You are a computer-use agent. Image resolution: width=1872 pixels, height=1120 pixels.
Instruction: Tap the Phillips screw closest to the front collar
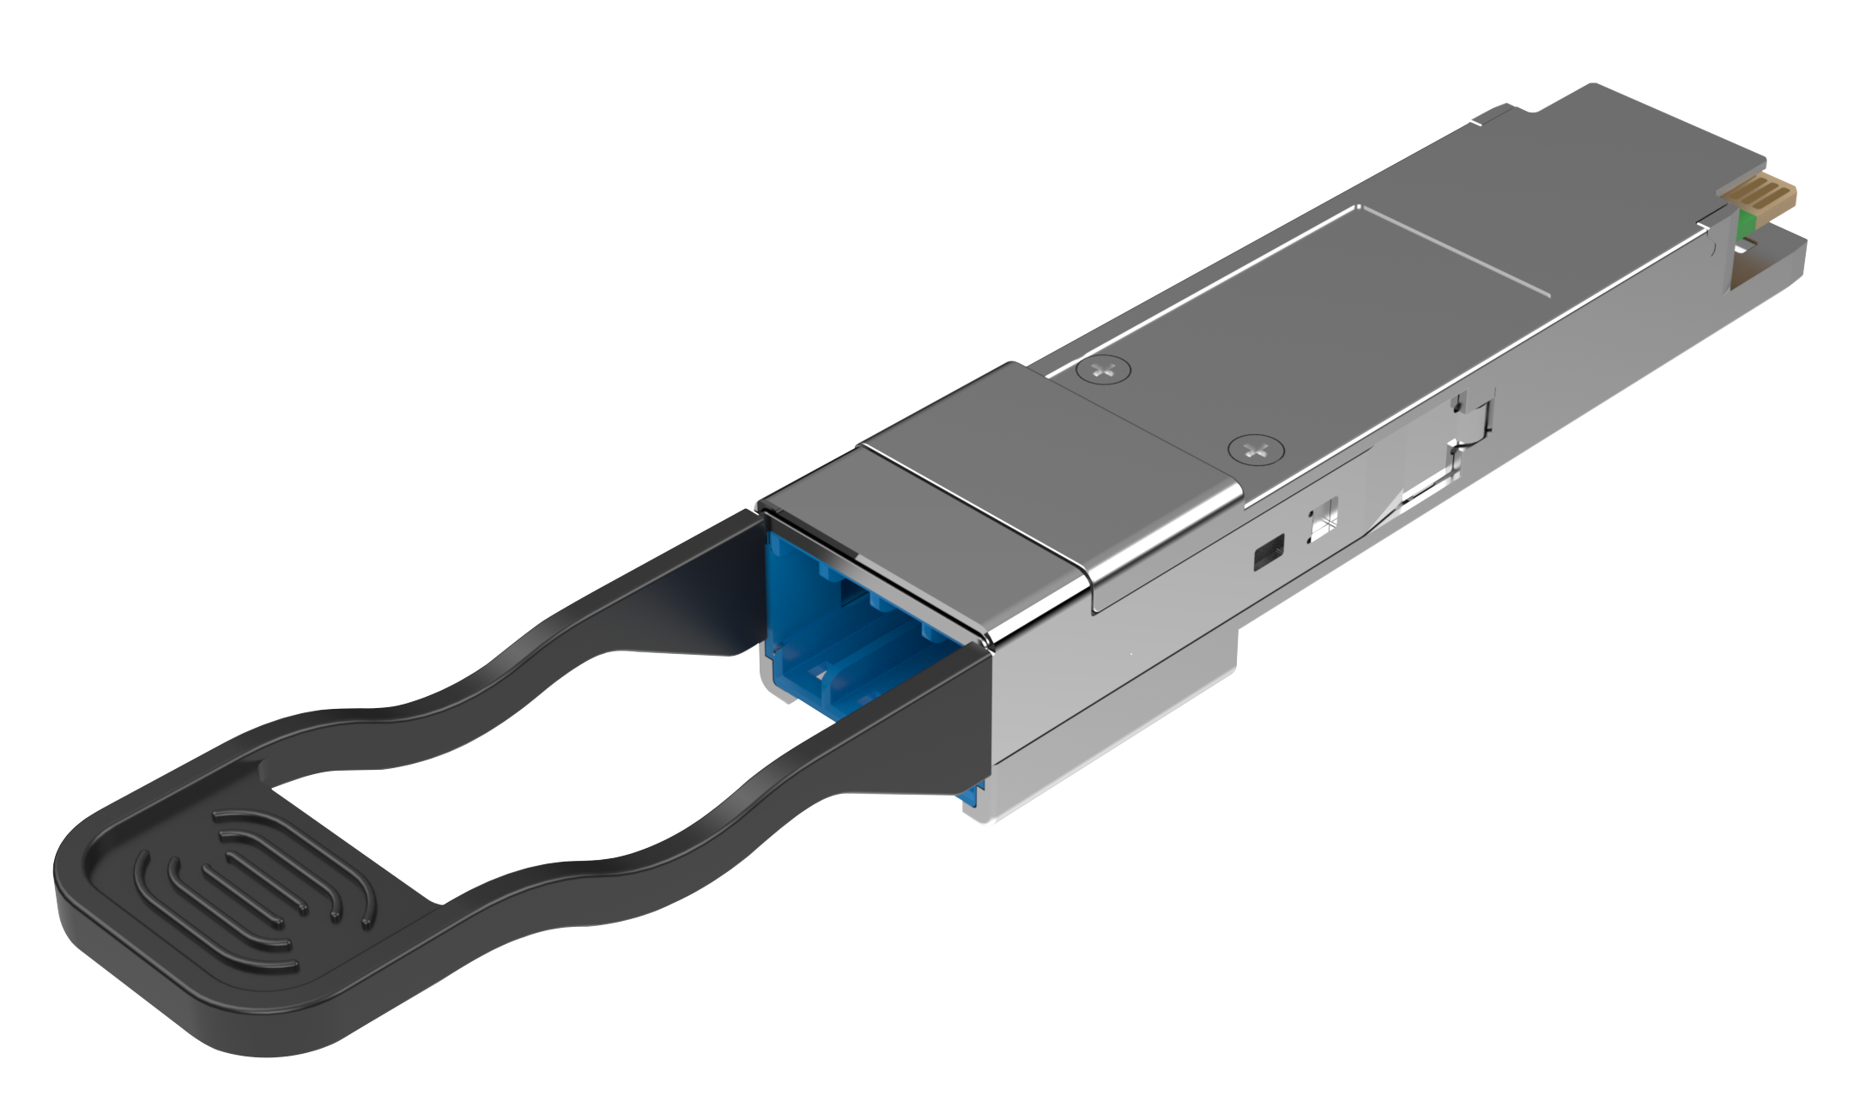coord(1255,449)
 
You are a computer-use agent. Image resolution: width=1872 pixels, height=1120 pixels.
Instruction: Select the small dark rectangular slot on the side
coord(1269,552)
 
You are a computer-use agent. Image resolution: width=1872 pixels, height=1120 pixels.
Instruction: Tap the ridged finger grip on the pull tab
coord(257,893)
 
